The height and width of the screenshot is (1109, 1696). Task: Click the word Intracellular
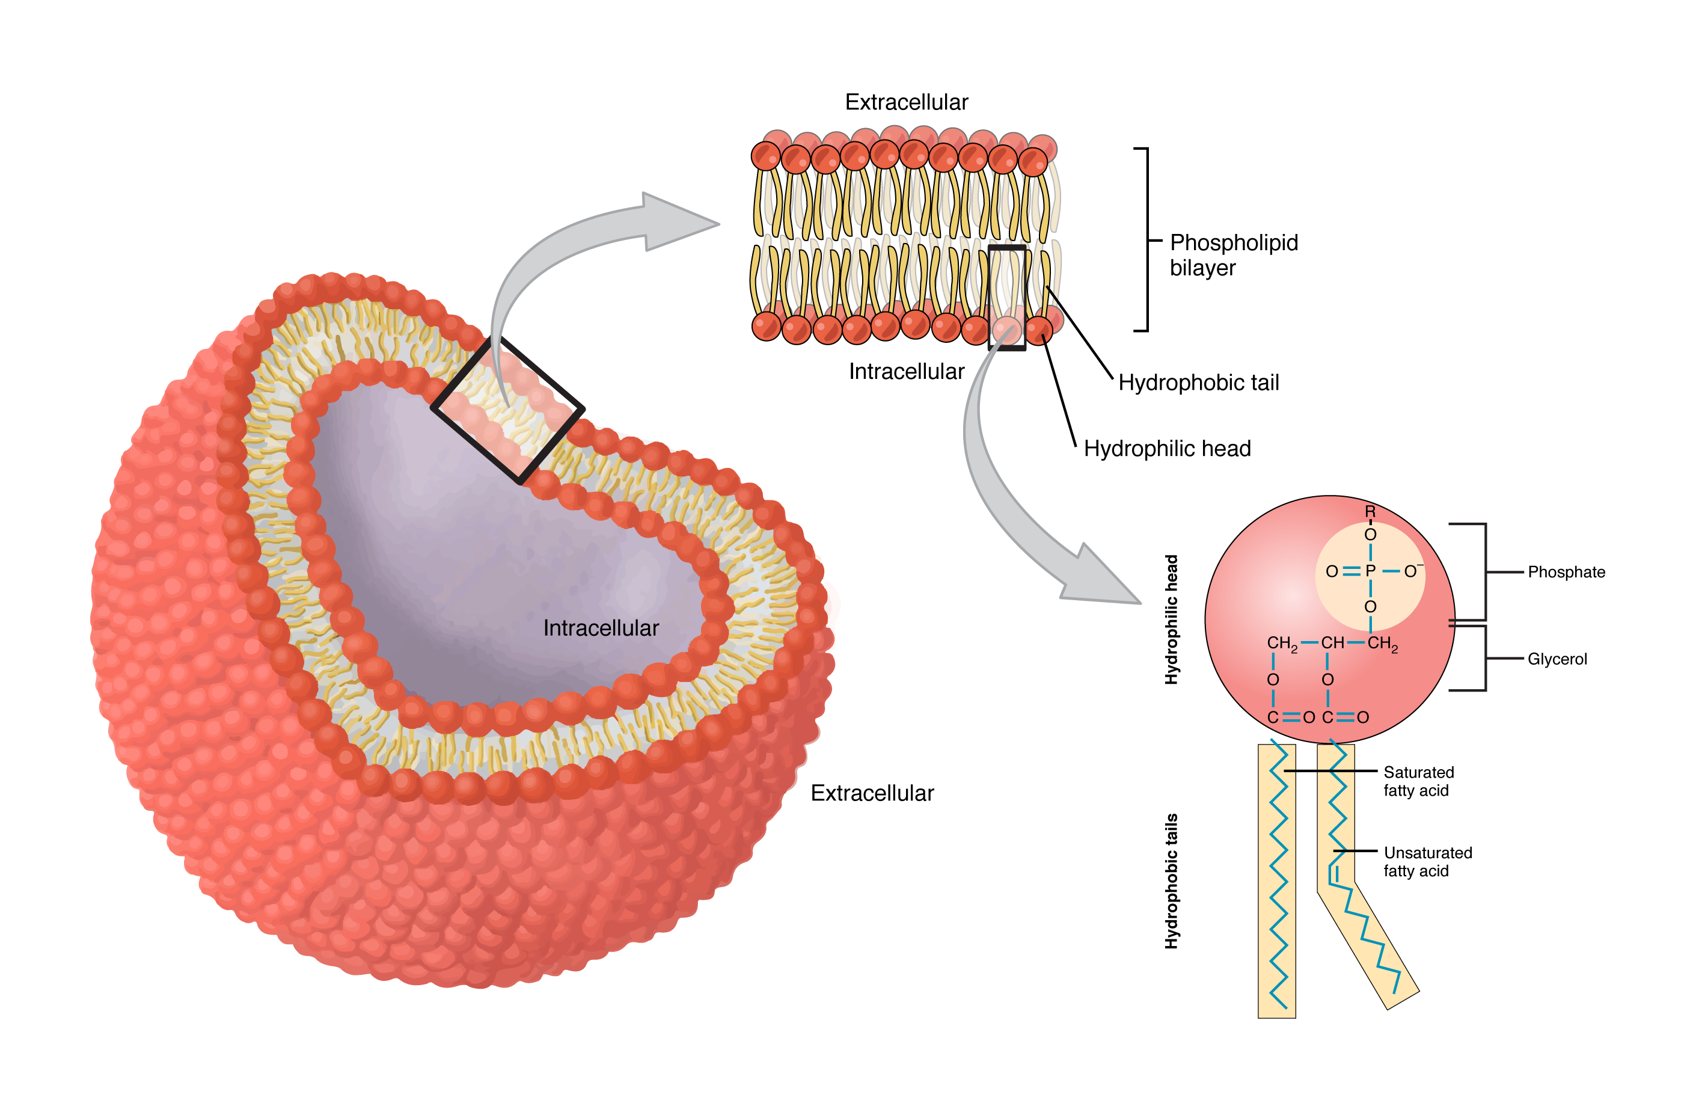(x=600, y=628)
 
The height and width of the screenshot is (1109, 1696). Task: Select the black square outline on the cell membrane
(x=508, y=411)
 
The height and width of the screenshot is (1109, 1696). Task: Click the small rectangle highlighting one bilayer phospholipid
(x=1007, y=296)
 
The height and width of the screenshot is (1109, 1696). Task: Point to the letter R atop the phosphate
(x=1370, y=512)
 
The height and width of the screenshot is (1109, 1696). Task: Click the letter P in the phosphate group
(x=1370, y=571)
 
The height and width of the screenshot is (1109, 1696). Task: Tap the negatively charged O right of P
(x=1411, y=571)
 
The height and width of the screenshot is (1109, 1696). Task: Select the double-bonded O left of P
(x=1331, y=571)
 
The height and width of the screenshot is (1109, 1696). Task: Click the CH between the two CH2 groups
(x=1332, y=643)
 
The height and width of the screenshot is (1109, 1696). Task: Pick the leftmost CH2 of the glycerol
(x=1281, y=644)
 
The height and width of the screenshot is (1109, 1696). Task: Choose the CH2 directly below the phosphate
(x=1382, y=644)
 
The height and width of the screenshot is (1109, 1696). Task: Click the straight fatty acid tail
(x=1276, y=891)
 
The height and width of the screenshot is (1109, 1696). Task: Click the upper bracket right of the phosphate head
(x=1485, y=571)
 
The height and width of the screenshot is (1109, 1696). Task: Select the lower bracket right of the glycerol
(x=1485, y=659)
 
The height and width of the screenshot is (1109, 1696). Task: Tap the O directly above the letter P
(x=1370, y=535)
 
